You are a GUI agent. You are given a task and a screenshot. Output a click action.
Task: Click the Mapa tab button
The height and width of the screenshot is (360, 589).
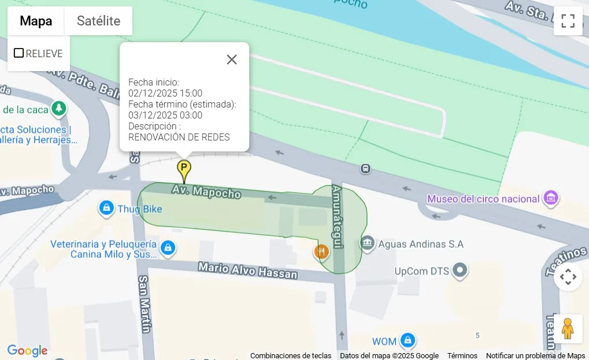click(x=36, y=21)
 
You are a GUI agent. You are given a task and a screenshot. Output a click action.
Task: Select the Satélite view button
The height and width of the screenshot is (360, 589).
click(x=98, y=21)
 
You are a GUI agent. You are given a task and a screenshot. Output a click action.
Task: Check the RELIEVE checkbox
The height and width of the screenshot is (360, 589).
click(x=19, y=53)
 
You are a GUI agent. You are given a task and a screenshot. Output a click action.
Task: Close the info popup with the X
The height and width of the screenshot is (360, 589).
click(x=232, y=60)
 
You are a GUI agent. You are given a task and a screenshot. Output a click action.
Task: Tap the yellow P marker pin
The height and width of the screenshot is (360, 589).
click(x=184, y=169)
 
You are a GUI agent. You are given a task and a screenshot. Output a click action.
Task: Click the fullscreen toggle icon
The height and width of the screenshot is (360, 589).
click(x=568, y=21)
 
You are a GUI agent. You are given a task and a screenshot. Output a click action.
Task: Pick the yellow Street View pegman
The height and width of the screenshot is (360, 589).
click(x=568, y=328)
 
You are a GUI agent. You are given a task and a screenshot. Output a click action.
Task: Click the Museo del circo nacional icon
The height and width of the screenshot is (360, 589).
click(x=551, y=199)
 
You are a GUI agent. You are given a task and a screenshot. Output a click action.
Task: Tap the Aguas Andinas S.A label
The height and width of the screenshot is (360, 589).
click(x=420, y=244)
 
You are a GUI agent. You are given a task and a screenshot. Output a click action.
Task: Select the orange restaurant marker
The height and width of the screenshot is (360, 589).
click(x=321, y=251)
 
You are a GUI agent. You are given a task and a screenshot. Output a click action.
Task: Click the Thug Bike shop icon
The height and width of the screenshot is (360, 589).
click(x=106, y=209)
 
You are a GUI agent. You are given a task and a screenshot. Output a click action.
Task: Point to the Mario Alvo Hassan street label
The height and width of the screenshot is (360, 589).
click(x=247, y=270)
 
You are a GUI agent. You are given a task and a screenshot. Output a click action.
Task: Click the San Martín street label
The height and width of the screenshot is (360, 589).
click(x=145, y=304)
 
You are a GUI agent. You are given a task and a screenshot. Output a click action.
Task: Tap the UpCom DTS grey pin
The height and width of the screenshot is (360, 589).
click(x=460, y=270)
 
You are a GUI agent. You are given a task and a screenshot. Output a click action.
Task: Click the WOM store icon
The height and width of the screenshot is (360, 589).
click(x=408, y=340)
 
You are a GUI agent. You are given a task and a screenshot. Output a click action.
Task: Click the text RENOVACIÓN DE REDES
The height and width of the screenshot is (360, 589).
click(x=179, y=137)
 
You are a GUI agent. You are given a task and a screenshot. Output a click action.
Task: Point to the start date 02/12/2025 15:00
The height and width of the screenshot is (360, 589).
click(x=165, y=93)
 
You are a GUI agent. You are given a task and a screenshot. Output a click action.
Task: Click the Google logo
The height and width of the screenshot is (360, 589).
click(x=27, y=350)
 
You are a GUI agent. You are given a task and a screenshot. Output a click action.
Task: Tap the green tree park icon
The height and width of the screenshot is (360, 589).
click(x=58, y=108)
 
